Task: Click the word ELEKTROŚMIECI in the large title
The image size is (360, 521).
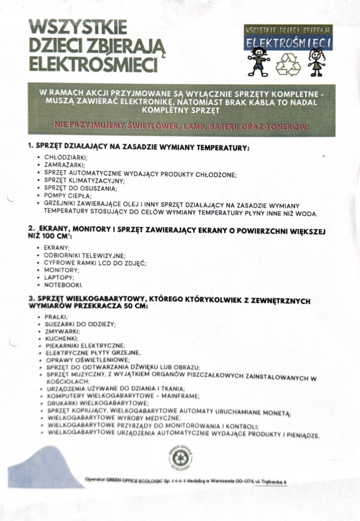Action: click(x=93, y=65)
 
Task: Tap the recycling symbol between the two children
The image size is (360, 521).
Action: click(x=288, y=64)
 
